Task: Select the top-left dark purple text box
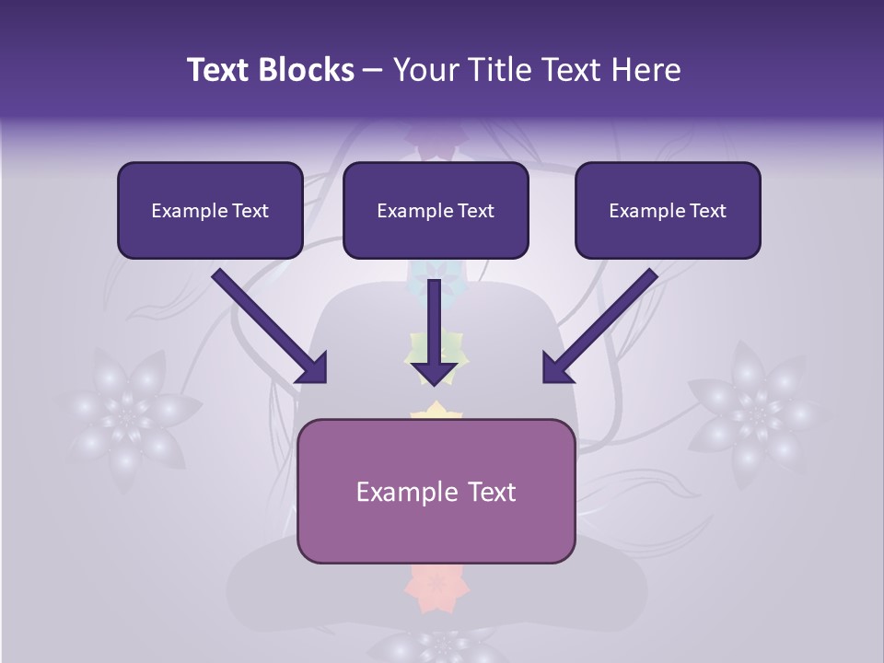[x=210, y=210]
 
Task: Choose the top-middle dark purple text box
[x=436, y=210]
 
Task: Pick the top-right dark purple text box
[x=668, y=210]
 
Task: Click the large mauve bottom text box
[x=436, y=491]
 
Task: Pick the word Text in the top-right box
[x=707, y=211]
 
